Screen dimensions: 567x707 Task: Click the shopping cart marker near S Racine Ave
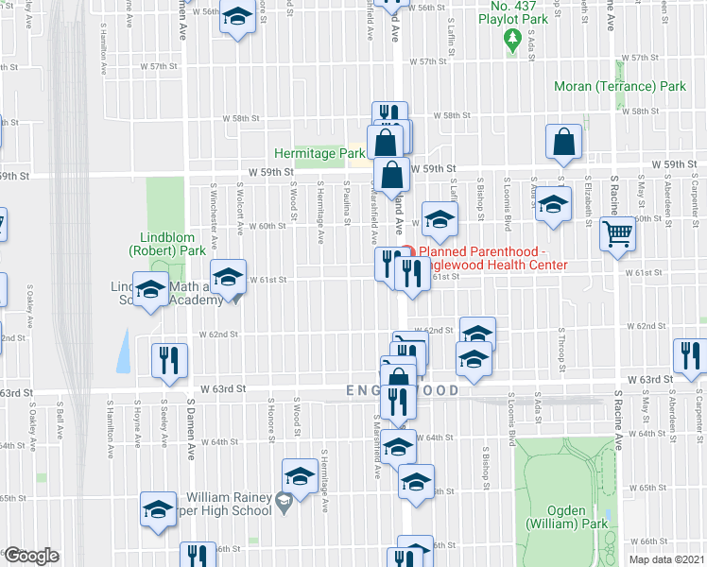tap(618, 232)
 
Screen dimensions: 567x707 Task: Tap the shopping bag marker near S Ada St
tap(563, 144)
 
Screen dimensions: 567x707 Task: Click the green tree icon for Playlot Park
tap(513, 39)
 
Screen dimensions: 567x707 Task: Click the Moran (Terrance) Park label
tap(620, 86)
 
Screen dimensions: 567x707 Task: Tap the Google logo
tap(31, 556)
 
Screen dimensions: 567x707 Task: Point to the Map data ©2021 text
tap(666, 559)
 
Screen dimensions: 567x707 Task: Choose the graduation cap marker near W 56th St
tap(238, 17)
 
